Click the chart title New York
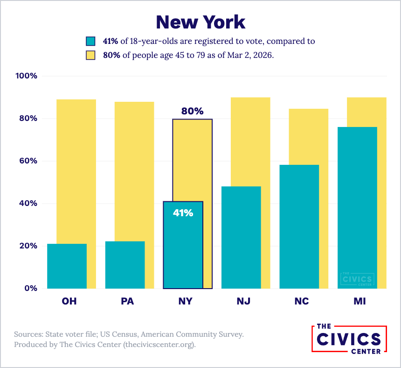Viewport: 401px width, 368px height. [x=200, y=21]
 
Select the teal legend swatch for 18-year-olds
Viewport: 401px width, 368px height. [x=91, y=41]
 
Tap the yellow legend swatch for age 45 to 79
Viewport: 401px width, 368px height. [x=91, y=55]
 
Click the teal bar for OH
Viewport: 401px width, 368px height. [x=67, y=266]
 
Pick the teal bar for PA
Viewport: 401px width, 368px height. [x=124, y=265]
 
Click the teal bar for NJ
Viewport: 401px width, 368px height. [x=241, y=237]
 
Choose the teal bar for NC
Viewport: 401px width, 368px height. [x=299, y=226]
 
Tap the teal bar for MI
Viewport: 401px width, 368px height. [x=357, y=208]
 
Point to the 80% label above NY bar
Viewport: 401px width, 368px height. [x=192, y=111]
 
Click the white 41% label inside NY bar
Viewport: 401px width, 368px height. [x=183, y=213]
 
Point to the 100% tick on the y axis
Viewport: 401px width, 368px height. [x=27, y=76]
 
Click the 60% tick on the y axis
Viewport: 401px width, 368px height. [x=28, y=161]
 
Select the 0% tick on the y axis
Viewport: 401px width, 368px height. [x=31, y=288]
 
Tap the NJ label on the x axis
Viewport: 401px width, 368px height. [x=243, y=301]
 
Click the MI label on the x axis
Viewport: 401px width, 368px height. [x=360, y=301]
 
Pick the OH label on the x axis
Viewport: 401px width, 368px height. [x=69, y=301]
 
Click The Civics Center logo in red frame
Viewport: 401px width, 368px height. [x=349, y=339]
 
